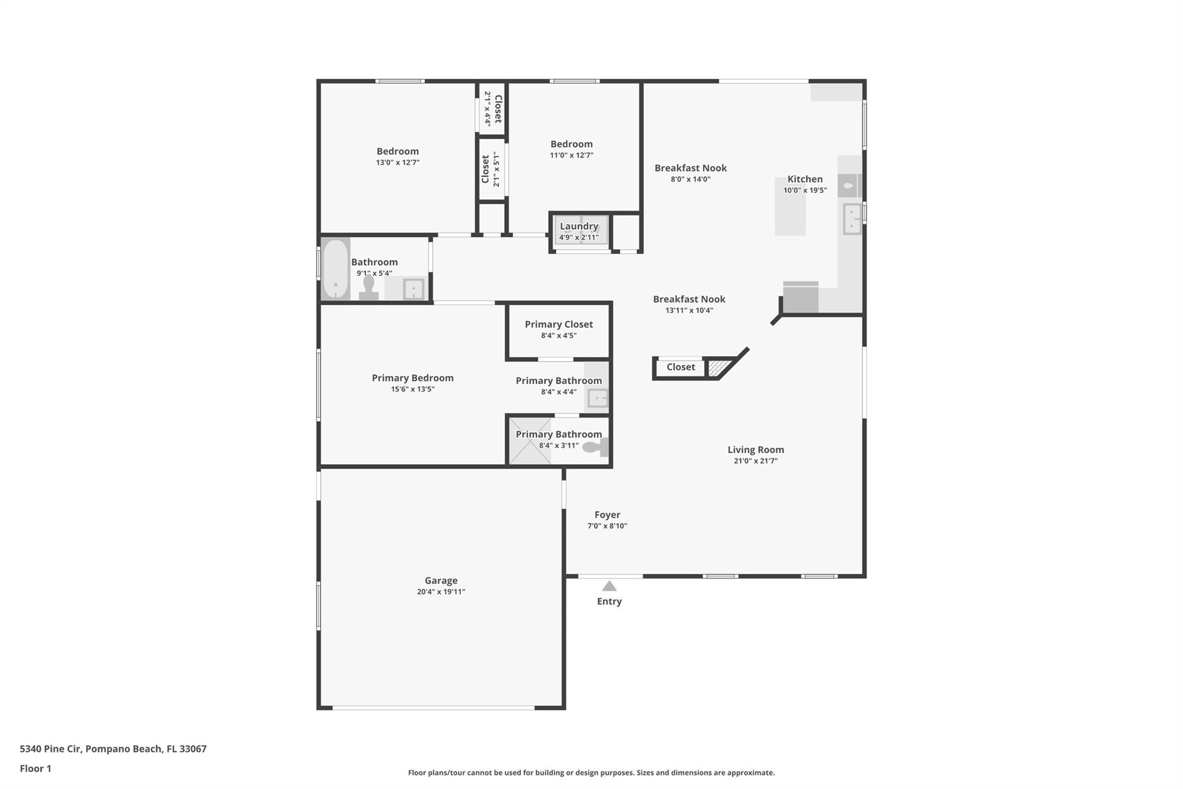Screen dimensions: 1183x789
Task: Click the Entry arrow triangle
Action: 609,586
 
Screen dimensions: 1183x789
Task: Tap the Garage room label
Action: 441,580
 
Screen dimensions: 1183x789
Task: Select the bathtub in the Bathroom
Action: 336,269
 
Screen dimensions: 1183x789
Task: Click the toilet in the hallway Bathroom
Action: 369,287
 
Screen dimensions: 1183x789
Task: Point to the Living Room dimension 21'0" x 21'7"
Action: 756,461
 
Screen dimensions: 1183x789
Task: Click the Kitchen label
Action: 805,179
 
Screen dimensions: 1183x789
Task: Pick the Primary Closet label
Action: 559,324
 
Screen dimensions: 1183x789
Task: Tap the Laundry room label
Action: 579,226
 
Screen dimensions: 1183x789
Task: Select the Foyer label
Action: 607,514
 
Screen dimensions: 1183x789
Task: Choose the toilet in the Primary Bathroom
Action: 595,447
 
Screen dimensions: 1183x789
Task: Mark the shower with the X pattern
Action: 530,441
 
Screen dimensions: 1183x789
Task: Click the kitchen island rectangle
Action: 790,206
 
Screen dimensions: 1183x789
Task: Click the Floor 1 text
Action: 35,768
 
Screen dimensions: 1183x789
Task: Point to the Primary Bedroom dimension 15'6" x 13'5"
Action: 412,389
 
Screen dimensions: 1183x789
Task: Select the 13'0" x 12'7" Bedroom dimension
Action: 397,162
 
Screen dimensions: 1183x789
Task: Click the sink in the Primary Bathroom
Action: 597,398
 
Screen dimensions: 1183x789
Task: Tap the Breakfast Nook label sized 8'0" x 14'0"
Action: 690,173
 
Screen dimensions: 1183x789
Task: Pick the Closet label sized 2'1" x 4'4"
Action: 493,109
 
